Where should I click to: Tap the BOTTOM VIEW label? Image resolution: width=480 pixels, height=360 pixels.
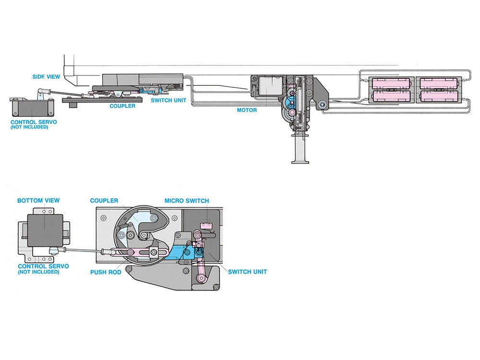pyautogui.click(x=38, y=201)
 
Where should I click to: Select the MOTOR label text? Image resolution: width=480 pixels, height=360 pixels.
pyautogui.click(x=247, y=110)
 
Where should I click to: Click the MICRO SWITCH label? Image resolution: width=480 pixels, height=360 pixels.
pyautogui.click(x=187, y=201)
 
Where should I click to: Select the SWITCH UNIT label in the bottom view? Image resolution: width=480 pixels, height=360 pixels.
pyautogui.click(x=247, y=272)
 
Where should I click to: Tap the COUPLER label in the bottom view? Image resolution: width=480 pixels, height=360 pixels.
pyautogui.click(x=104, y=201)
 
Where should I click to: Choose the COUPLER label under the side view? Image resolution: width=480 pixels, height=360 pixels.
pyautogui.click(x=122, y=106)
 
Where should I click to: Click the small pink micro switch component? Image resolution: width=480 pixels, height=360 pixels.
pyautogui.click(x=207, y=223)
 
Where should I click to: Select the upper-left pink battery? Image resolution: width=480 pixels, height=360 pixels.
pyautogui.click(x=390, y=82)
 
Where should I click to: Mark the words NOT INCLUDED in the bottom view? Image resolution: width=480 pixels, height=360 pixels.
pyautogui.click(x=38, y=272)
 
